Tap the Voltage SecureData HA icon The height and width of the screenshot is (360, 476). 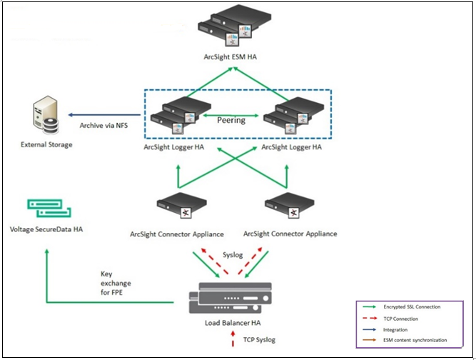click(x=49, y=208)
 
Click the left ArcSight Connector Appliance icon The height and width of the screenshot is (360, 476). click(x=176, y=208)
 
